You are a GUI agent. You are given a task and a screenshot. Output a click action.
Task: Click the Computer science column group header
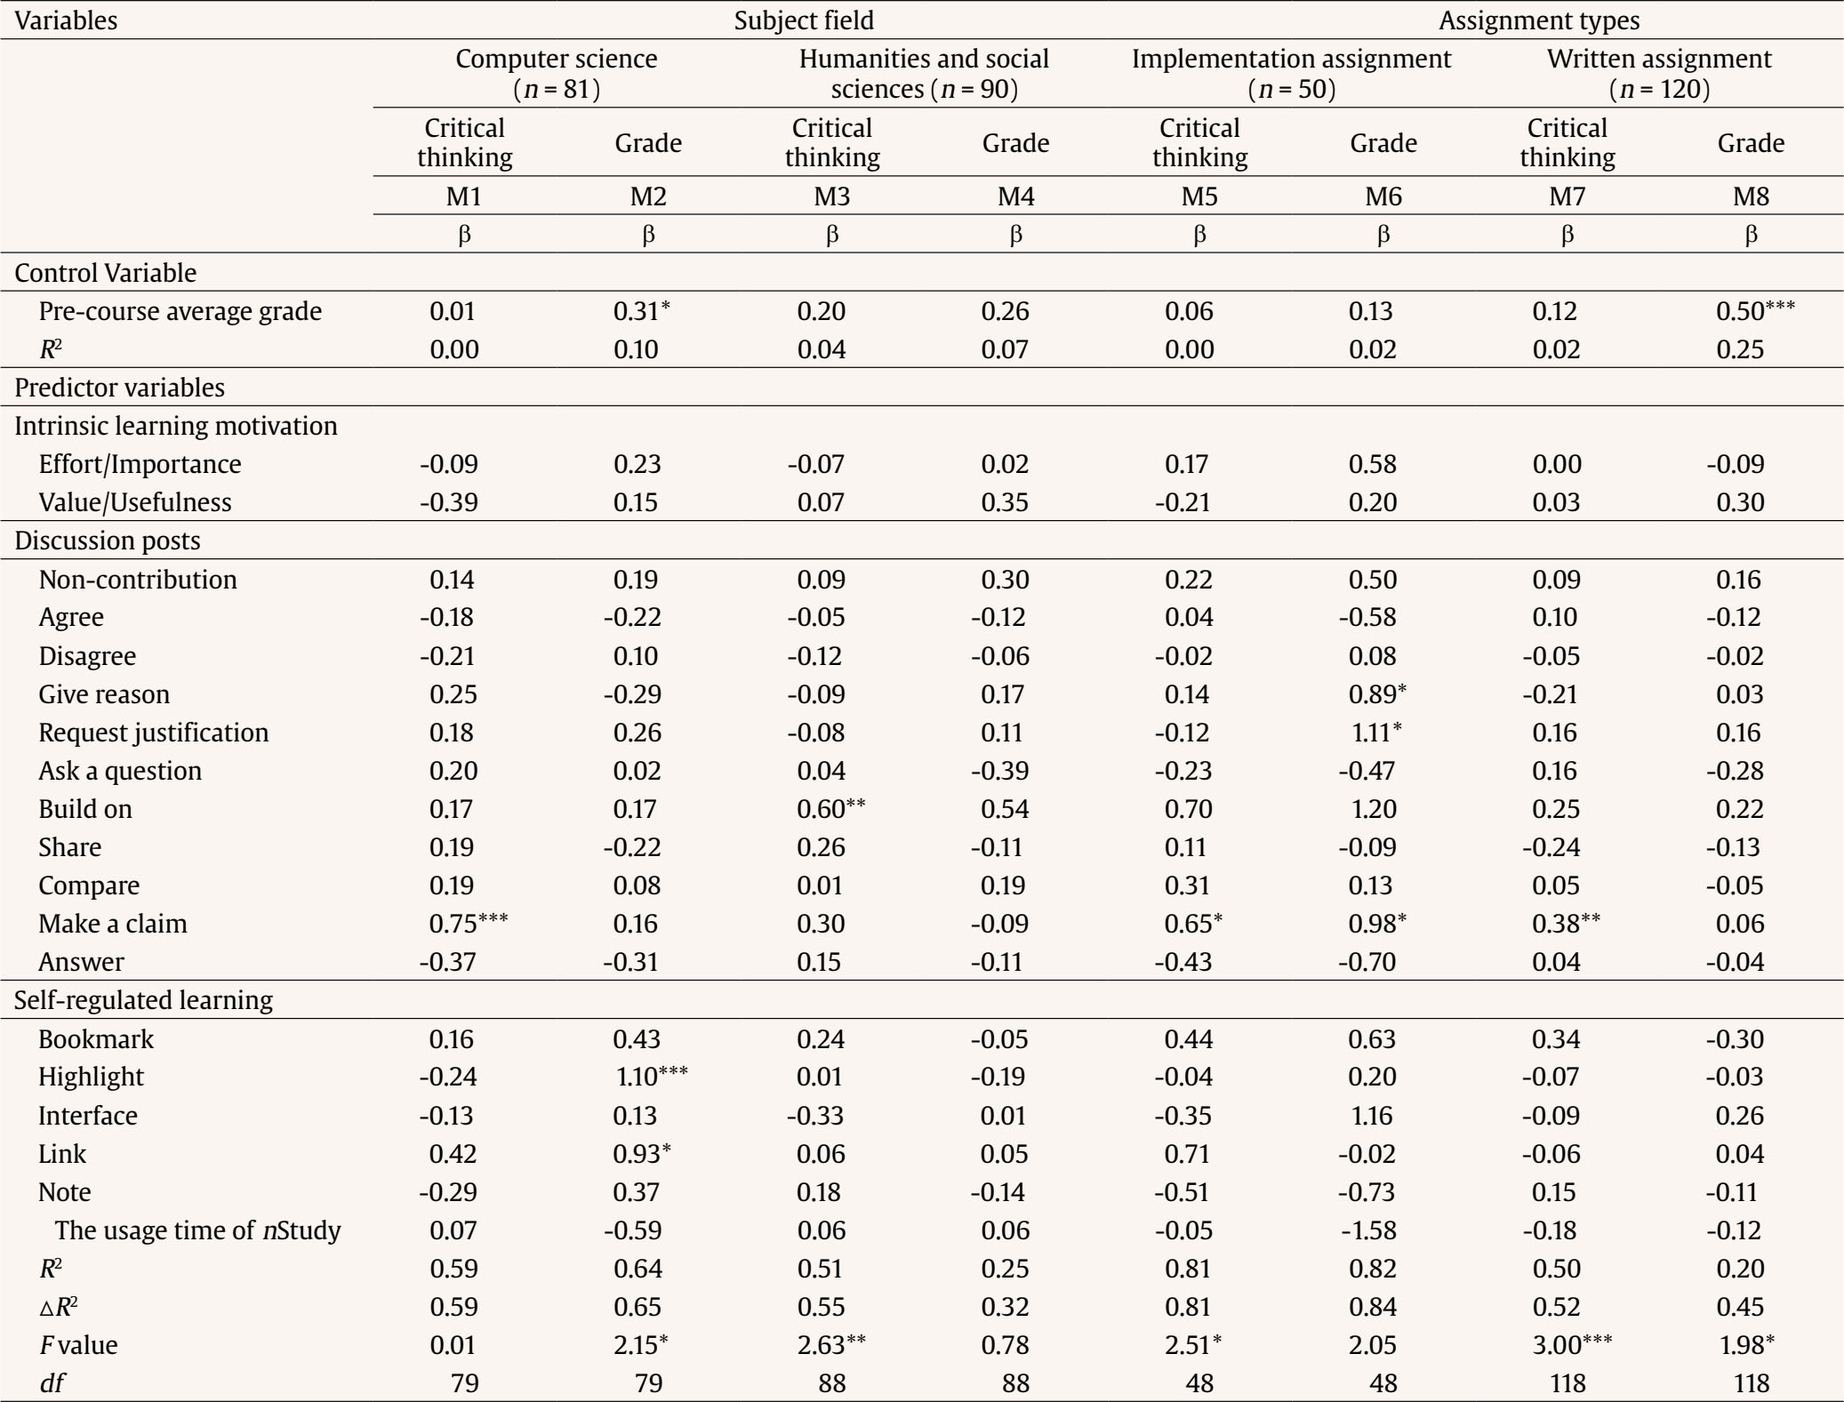557,74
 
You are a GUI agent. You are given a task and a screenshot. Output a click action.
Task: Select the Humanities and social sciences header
924,74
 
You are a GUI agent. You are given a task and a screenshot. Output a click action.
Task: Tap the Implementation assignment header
1291,74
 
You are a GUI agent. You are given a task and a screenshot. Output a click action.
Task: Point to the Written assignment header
1659,74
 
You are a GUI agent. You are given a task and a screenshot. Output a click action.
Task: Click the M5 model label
1199,196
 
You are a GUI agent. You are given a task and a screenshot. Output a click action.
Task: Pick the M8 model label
1751,196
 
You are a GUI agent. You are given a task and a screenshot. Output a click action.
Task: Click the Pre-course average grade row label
180,311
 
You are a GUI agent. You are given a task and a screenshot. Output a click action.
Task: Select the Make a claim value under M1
469,924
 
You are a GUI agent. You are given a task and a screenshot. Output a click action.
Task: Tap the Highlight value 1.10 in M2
652,1077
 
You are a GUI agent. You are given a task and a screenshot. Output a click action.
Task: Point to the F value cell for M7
1572,1345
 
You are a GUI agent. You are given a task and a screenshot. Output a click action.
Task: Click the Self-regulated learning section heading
143,1000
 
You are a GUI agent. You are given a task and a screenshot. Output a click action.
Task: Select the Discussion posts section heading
108,541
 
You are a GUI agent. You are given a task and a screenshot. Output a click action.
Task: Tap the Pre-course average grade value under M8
1756,311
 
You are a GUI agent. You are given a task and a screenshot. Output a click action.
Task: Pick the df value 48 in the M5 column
1199,1383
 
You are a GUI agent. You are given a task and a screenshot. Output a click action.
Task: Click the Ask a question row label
120,771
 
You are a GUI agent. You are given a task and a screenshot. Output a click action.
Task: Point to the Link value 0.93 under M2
642,1154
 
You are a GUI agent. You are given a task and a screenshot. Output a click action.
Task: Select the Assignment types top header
1539,20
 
